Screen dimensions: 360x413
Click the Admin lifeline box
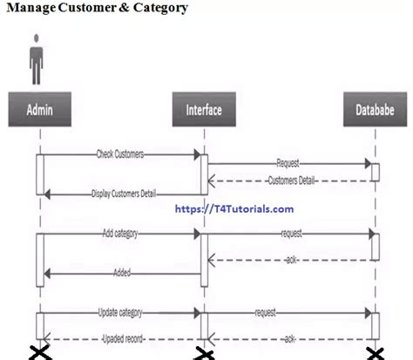(x=39, y=110)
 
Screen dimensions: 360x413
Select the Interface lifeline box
(x=204, y=110)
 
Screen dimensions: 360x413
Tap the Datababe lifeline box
(x=376, y=110)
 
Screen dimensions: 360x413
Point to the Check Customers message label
(x=120, y=153)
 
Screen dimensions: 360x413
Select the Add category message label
(x=120, y=234)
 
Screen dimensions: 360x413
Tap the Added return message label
(x=122, y=273)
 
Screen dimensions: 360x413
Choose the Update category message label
(x=120, y=311)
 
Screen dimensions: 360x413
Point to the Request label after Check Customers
(x=288, y=162)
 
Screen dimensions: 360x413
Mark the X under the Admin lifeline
(x=39, y=351)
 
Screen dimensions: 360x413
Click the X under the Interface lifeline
(x=204, y=351)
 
